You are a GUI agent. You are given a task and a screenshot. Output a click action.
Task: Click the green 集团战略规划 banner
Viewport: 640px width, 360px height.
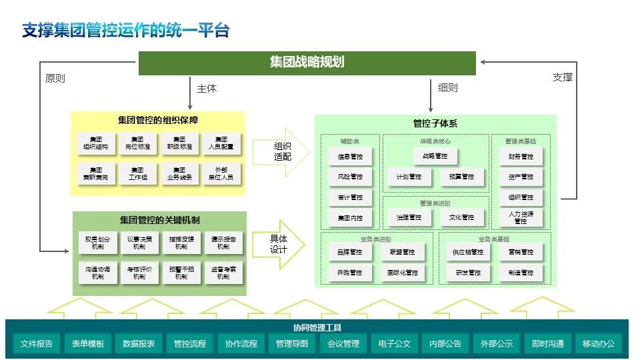pos(307,63)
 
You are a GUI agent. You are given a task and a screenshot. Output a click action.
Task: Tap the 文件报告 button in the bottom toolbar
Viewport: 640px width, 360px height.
pos(37,344)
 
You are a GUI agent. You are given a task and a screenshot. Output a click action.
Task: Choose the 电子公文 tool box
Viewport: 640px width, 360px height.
pos(394,344)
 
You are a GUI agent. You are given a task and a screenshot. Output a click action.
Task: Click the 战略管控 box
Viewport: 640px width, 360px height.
pos(435,156)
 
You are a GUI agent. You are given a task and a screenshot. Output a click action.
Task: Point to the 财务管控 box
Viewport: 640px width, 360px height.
pos(521,157)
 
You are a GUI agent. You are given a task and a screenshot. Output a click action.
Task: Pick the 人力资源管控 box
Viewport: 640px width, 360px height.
pos(521,217)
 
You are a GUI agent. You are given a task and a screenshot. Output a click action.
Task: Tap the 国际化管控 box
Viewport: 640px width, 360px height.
pos(403,273)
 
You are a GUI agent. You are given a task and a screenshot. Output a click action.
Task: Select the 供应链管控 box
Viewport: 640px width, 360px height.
pos(467,252)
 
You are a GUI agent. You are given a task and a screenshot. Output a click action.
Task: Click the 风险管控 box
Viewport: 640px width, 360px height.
pos(350,177)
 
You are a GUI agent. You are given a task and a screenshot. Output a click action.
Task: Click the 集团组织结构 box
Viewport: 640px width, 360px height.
pos(96,143)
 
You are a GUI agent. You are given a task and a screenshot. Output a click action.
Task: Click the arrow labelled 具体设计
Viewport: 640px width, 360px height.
pos(279,244)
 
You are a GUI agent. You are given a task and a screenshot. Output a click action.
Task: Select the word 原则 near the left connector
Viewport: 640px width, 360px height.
pos(55,77)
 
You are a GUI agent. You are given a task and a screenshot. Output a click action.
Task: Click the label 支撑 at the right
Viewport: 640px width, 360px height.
pos(562,77)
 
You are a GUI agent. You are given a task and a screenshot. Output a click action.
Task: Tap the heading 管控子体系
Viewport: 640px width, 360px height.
pos(435,123)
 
